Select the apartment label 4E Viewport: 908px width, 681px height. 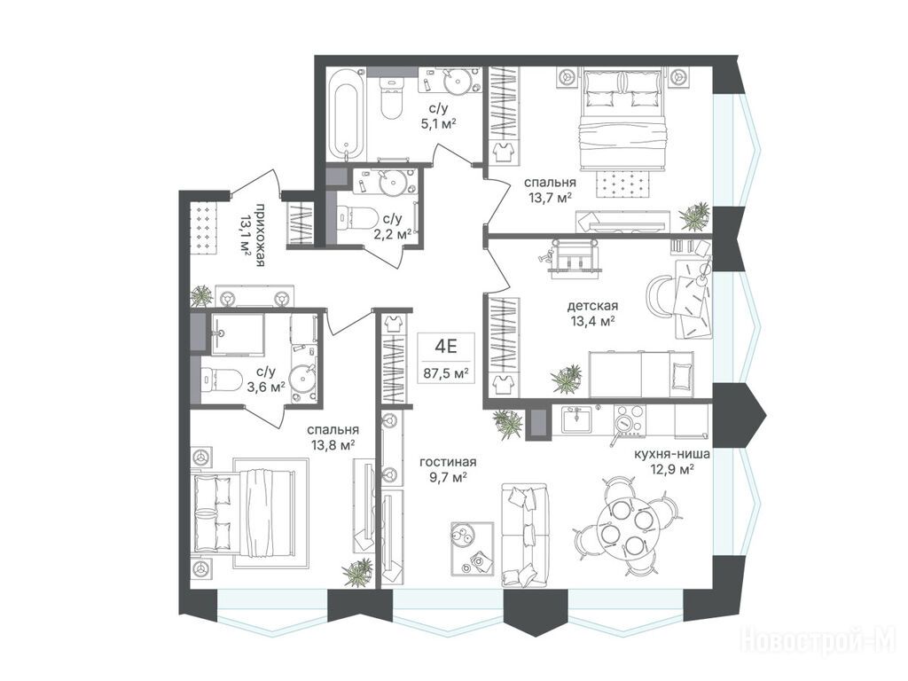446,347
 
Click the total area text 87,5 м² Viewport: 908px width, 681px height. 446,373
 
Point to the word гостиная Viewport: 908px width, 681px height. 448,461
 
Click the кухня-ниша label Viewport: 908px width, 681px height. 672,455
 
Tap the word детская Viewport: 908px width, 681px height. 592,305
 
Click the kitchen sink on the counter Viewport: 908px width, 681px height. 575,419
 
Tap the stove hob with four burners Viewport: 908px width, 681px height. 629,419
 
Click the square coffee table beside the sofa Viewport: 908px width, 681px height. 472,548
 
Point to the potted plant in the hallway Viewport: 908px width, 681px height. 202,294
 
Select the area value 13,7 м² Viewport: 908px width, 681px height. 550,198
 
